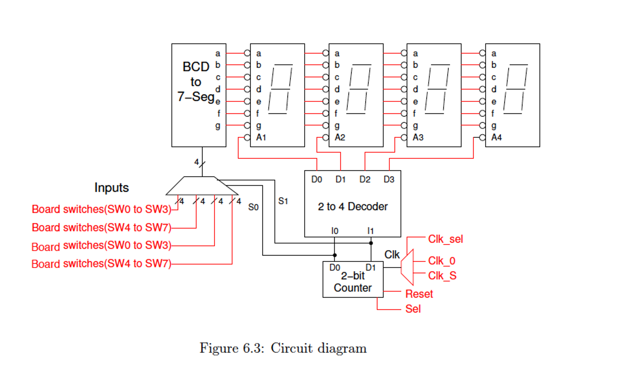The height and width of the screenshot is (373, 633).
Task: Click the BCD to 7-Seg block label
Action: [x=196, y=82]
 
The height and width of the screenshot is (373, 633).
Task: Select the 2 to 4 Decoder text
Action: [x=352, y=206]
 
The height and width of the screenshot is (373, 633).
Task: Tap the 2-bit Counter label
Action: [x=352, y=282]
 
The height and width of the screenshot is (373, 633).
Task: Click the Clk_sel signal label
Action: [x=445, y=239]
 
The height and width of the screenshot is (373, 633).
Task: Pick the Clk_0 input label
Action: [x=441, y=261]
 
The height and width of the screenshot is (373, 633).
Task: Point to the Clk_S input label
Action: [x=442, y=275]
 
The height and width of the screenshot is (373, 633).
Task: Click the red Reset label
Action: [x=419, y=294]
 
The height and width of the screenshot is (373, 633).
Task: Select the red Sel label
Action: [x=413, y=309]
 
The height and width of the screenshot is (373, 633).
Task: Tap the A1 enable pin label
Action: [x=261, y=137]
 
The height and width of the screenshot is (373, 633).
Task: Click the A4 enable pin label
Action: [x=496, y=137]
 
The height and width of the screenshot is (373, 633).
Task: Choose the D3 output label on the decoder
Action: [x=389, y=180]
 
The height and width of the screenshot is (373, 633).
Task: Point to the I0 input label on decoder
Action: [x=334, y=231]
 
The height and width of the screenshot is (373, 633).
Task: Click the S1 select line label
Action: [x=283, y=201]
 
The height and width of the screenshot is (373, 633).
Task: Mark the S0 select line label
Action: [x=253, y=207]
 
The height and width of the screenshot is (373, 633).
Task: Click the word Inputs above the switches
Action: [x=111, y=188]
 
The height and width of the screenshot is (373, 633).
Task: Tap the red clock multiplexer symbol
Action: [x=407, y=267]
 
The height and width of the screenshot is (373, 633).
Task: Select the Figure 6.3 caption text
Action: [x=283, y=348]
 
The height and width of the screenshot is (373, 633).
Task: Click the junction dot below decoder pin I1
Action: [x=371, y=243]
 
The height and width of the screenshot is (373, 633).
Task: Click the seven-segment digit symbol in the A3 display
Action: [x=437, y=89]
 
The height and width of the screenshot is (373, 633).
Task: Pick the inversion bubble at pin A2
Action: [x=325, y=137]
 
